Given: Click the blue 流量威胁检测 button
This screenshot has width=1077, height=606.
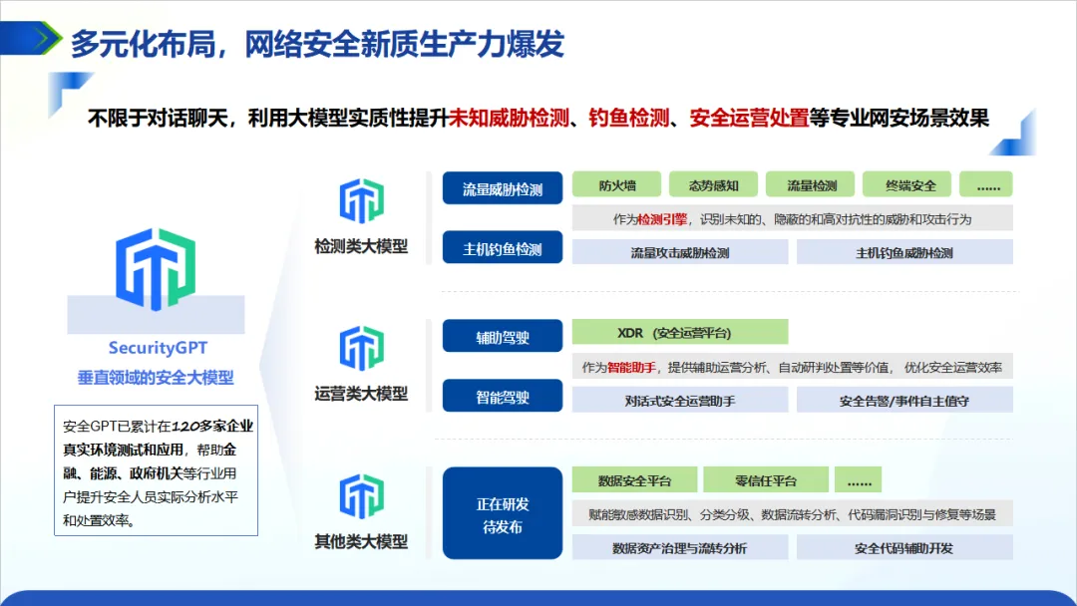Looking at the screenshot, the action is tap(503, 188).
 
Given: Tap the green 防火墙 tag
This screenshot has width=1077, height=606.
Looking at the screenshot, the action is tap(616, 185).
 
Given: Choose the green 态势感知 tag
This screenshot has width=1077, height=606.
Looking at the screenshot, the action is tap(713, 185).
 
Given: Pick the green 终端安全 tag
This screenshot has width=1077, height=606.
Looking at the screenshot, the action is tap(910, 185).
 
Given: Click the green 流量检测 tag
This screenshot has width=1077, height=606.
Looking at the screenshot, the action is tap(812, 185).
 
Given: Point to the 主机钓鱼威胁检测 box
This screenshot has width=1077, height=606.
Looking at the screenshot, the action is tap(903, 253).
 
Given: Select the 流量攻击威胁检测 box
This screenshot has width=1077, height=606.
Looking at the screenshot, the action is tap(680, 253).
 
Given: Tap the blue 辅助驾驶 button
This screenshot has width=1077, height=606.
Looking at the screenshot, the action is tap(503, 337).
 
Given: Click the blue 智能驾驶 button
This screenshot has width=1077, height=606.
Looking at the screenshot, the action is tap(503, 397).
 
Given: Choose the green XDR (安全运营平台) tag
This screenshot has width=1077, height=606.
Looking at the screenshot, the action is tap(680, 333).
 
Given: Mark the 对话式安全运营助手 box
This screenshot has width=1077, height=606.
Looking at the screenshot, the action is tap(680, 401).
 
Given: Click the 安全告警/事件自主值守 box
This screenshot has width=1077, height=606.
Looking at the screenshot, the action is tap(903, 401).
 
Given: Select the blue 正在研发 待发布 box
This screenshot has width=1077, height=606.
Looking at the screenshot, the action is tap(503, 515).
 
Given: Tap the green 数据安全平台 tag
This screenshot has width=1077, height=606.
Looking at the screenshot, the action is tap(634, 480).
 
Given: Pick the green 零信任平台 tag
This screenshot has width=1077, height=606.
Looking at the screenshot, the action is tap(766, 480).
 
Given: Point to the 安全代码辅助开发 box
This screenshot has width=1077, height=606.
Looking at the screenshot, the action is tap(903, 548).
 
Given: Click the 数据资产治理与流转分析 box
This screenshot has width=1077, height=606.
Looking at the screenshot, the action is tap(680, 548).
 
